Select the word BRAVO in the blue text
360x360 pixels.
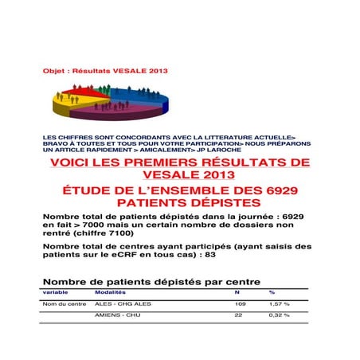pos(56,143)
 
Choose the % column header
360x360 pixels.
pos(272,292)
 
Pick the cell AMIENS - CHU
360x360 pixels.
pos(112,315)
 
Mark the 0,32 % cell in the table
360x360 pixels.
pos(279,315)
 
